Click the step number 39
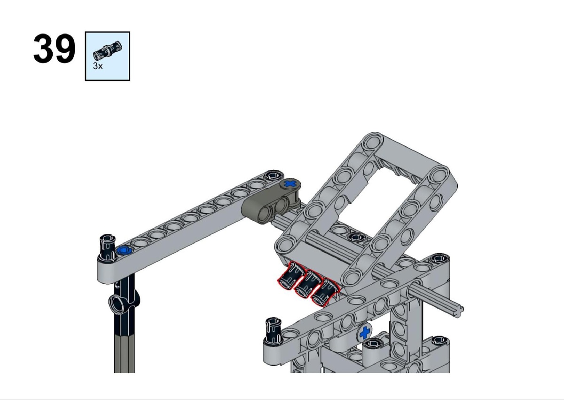click(x=54, y=48)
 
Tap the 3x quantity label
click(x=98, y=66)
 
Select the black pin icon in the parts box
click(x=107, y=50)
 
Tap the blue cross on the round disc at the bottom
click(x=365, y=333)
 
